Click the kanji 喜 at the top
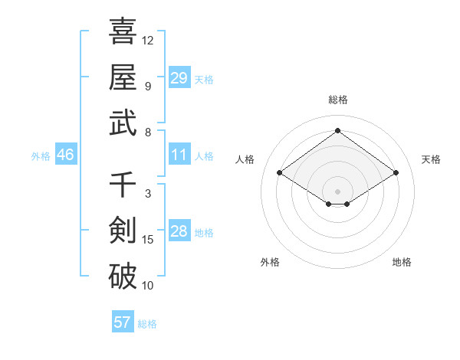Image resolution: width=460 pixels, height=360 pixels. click(123, 32)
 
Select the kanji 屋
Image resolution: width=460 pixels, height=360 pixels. click(123, 77)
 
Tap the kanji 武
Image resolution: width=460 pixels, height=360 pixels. click(123, 123)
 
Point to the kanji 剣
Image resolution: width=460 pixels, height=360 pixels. click(123, 231)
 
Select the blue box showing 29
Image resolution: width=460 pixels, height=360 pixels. click(179, 78)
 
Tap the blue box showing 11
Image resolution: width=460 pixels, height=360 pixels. click(179, 155)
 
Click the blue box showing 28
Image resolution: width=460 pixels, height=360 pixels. click(179, 231)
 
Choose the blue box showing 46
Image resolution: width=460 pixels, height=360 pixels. click(65, 155)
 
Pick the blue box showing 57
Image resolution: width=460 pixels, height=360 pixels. click(122, 322)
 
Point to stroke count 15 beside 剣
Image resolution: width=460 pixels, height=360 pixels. click(148, 240)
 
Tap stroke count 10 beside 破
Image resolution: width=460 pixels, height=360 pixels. click(148, 286)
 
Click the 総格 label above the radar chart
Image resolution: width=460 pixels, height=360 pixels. click(337, 100)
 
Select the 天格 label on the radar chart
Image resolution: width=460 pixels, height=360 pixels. click(431, 159)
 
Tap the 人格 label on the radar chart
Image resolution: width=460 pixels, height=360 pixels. click(245, 159)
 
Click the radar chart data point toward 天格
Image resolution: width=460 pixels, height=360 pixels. click(396, 173)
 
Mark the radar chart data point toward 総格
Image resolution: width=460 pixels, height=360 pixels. click(337, 130)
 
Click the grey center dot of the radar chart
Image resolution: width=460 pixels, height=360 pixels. click(337, 190)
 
